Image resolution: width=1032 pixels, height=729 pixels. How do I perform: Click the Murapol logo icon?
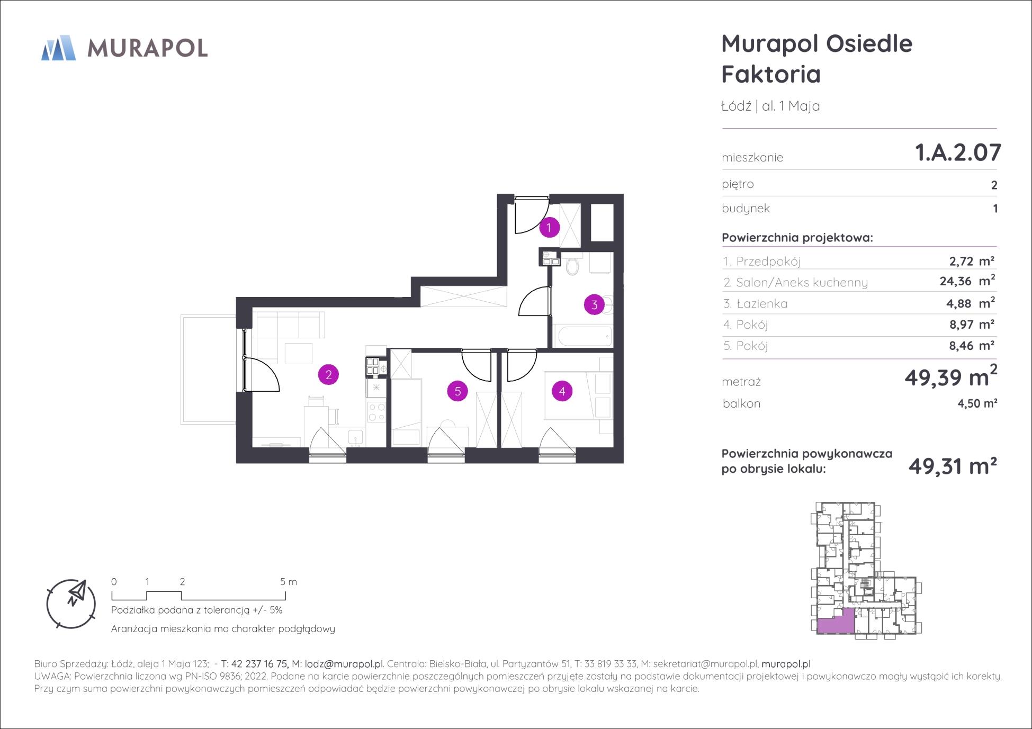coord(58,48)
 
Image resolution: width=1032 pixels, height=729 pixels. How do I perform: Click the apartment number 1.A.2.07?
coord(958,152)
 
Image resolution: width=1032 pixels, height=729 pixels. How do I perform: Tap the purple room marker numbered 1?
coord(549,228)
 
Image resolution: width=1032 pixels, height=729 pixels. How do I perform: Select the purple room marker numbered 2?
coord(328,375)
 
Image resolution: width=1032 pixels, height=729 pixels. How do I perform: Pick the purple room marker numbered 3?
coord(594,305)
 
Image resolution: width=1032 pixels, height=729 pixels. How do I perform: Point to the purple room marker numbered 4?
coord(562,391)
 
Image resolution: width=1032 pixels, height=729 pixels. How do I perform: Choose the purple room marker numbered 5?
coord(457,391)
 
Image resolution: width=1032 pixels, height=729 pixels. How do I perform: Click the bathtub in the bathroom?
coord(583,336)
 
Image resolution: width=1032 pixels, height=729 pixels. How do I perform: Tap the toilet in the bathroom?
coord(572,265)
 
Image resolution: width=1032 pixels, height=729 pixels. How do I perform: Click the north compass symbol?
coord(71,604)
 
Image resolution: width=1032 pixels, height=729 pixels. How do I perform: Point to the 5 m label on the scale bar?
coord(289,582)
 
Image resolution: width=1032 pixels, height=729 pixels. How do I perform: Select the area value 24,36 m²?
coord(967,281)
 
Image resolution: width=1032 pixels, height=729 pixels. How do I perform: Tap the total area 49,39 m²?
coord(951,376)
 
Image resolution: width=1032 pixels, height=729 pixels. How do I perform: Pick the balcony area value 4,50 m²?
coord(977,403)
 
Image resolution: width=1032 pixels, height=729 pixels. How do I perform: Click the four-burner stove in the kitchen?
coord(376,412)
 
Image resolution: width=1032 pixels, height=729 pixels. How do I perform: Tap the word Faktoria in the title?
coord(771,74)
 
